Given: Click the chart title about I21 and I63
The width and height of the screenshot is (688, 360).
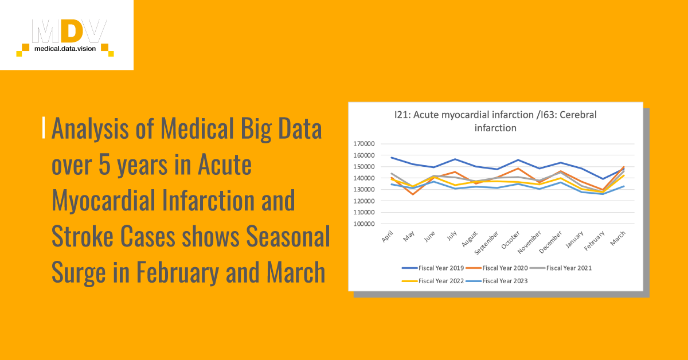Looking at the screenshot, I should (x=495, y=121).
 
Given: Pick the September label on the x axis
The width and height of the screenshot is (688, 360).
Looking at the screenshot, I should (x=491, y=242).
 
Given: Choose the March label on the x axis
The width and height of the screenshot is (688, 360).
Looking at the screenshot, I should (x=618, y=237).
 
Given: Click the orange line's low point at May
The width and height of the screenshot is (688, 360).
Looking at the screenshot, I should (x=412, y=194).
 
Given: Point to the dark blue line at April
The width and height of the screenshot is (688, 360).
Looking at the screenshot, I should (x=392, y=157).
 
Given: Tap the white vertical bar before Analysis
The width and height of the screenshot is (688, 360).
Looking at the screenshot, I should (x=44, y=128).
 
